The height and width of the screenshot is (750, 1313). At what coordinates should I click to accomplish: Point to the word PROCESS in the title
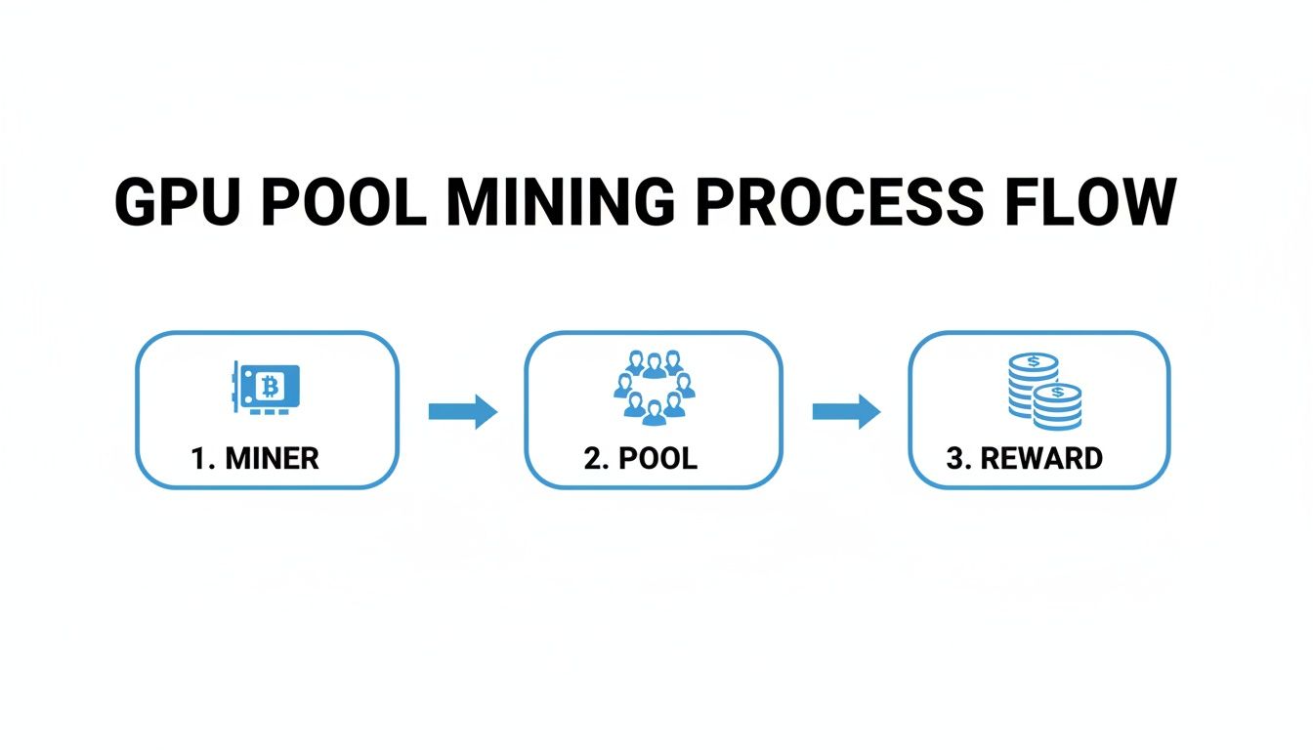click(839, 204)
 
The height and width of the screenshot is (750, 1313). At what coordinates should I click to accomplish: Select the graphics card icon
click(265, 388)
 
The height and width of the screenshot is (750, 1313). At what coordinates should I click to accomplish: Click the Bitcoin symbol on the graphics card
click(271, 388)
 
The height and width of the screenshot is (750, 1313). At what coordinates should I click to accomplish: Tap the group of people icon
click(654, 388)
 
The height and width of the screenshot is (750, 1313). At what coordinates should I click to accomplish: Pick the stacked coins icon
click(1042, 391)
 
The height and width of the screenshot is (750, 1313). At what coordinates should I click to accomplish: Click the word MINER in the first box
click(272, 458)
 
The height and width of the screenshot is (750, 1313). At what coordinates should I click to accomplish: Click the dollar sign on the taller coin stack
click(1033, 362)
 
